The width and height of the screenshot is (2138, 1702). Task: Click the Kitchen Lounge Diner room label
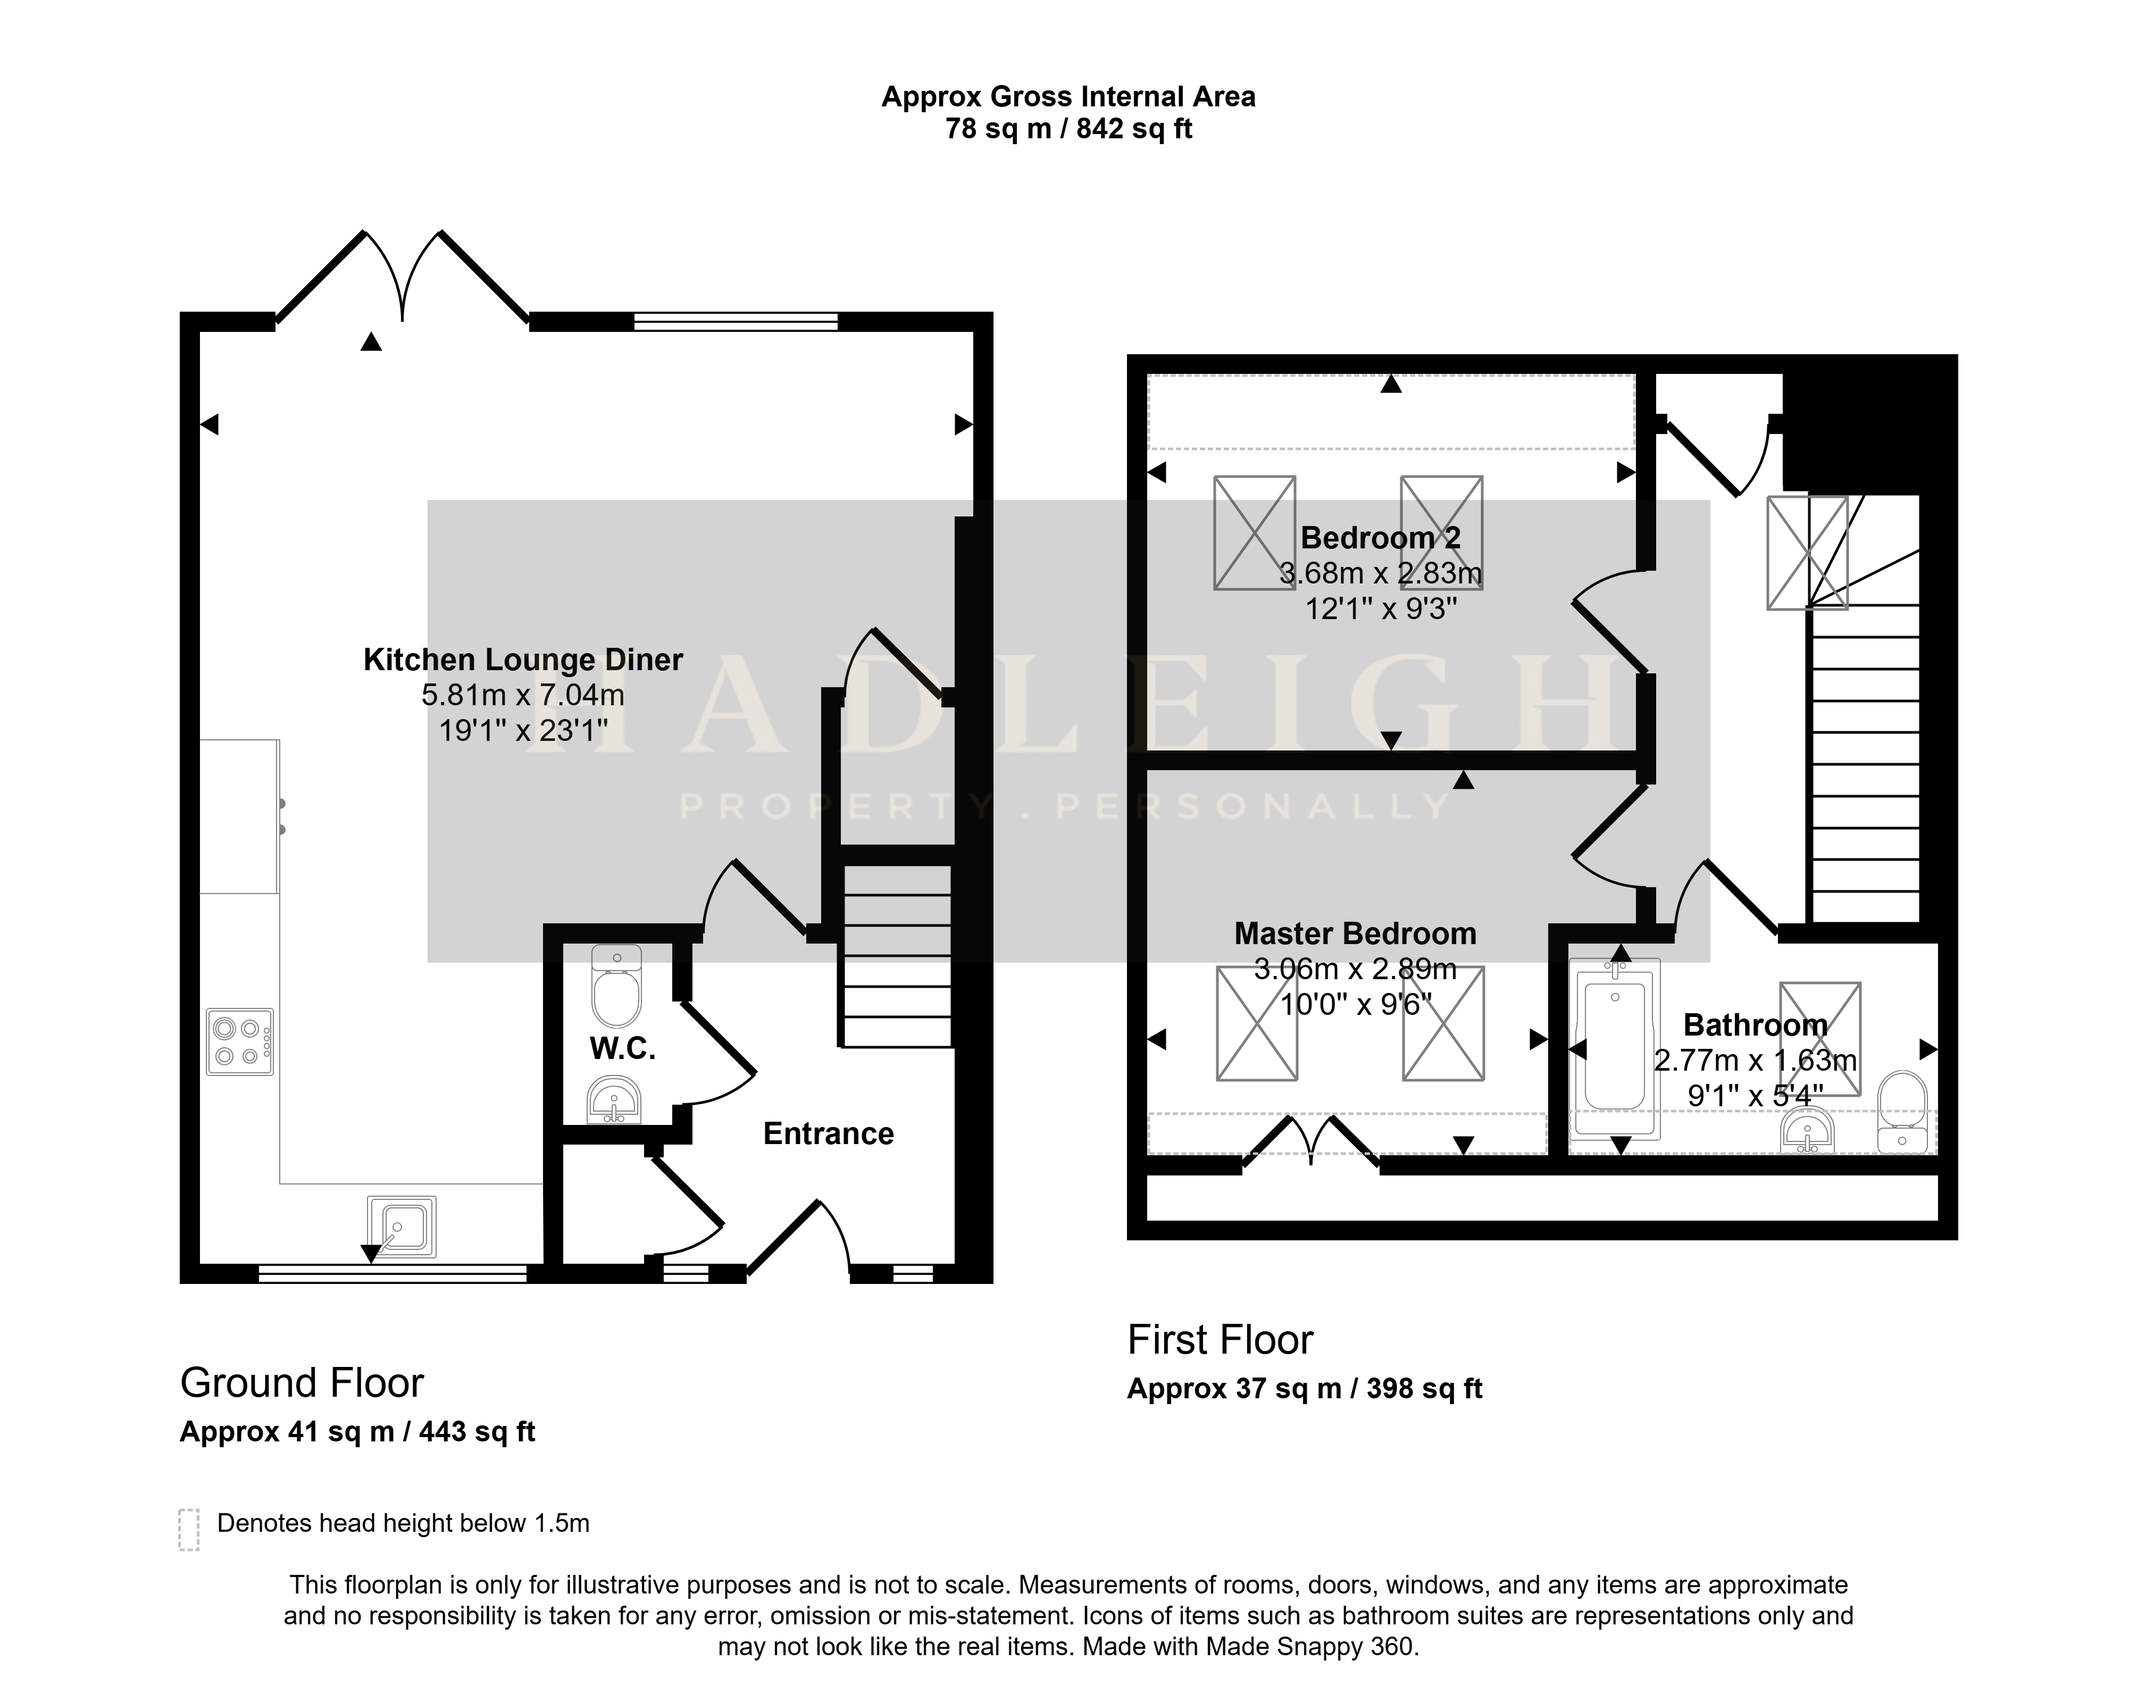coord(523,660)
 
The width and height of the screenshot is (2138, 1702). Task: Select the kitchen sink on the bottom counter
coord(400,1227)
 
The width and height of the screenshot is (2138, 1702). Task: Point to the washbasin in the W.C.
coord(614,1101)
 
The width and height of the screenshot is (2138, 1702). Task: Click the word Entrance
coord(828,1133)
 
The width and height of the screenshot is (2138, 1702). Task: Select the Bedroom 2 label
coord(1380,538)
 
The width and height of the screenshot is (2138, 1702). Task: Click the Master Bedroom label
coord(1355,933)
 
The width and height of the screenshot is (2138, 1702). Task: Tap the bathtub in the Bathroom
coord(1615,1048)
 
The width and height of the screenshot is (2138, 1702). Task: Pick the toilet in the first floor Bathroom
coord(1902,1111)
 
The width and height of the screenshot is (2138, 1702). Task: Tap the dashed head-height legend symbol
coord(188,1530)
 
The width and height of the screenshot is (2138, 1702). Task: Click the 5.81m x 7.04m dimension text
coord(523,695)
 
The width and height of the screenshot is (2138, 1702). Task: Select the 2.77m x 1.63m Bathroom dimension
coord(1755,1060)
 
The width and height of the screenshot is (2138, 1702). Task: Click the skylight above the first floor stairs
coord(1807,553)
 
